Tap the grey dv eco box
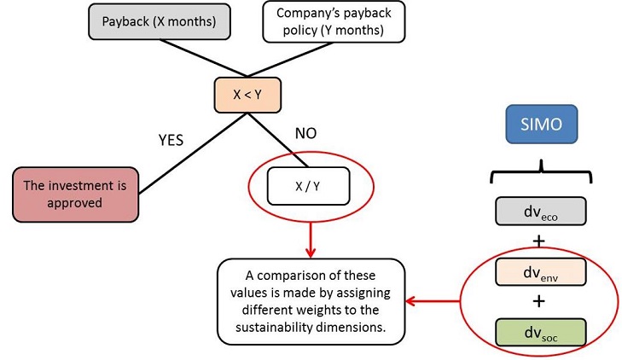click(x=539, y=210)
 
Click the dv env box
click(x=539, y=271)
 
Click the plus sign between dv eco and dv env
click(x=538, y=241)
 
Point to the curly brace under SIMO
click(x=538, y=174)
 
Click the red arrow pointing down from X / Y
click(x=311, y=235)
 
